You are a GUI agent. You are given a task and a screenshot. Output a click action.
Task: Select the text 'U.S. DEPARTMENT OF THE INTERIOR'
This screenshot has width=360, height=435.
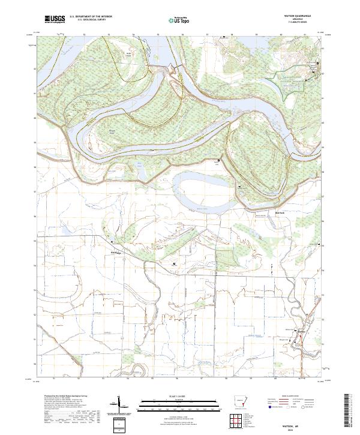[91, 17]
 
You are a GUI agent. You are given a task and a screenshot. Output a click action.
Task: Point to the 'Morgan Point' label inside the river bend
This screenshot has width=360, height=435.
[112, 130]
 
